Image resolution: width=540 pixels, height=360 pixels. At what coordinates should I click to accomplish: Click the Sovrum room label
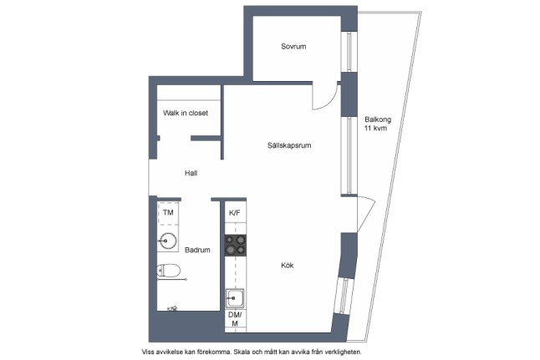[x=293, y=47]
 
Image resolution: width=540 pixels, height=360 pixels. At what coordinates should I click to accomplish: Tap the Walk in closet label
[x=186, y=113]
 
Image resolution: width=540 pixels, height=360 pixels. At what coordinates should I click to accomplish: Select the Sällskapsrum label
[x=289, y=145]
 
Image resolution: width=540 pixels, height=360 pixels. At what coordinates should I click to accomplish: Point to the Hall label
[x=191, y=173]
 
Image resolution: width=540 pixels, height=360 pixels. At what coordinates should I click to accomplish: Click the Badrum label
[x=197, y=250]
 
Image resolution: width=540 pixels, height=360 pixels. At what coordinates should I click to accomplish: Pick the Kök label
[x=288, y=266]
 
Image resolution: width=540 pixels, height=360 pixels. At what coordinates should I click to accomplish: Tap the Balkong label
[x=378, y=119]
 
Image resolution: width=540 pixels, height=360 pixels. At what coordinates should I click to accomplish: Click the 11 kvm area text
[x=375, y=129]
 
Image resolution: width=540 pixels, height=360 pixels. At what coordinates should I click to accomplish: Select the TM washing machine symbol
[x=168, y=213]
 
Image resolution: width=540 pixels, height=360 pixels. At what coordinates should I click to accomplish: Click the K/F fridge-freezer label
[x=235, y=213]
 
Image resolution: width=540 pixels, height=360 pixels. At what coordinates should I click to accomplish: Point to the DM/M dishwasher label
[x=235, y=319]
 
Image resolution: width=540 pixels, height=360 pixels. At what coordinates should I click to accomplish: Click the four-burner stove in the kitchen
[x=236, y=246]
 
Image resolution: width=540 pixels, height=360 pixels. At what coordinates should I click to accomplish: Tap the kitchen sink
[x=235, y=298]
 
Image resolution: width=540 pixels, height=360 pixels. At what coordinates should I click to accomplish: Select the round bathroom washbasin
[x=168, y=241]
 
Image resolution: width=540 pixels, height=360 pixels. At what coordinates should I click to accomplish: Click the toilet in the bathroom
[x=168, y=271]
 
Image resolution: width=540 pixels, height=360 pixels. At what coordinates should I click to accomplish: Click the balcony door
[x=366, y=214]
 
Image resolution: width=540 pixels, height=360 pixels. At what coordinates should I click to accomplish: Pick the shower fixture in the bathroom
[x=172, y=309]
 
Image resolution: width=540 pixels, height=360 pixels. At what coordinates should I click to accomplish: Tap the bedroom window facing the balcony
[x=349, y=52]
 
